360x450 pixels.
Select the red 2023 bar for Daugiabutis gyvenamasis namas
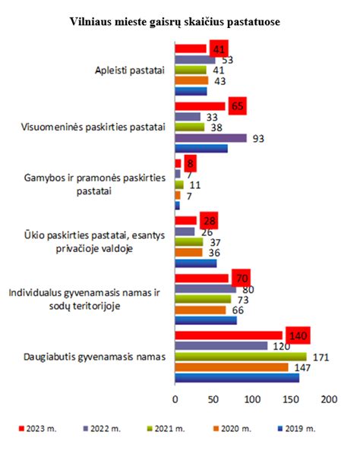[x=228, y=335]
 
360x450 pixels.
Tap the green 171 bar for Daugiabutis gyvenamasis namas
[x=240, y=356]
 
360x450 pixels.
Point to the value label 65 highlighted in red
[x=238, y=105]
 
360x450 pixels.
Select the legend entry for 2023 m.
[x=35, y=429]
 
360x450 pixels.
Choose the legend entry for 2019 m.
[x=296, y=429]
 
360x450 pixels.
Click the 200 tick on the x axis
[x=329, y=398]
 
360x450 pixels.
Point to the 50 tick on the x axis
[x=213, y=398]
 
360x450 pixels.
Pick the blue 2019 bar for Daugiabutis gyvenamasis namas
[x=237, y=377]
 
